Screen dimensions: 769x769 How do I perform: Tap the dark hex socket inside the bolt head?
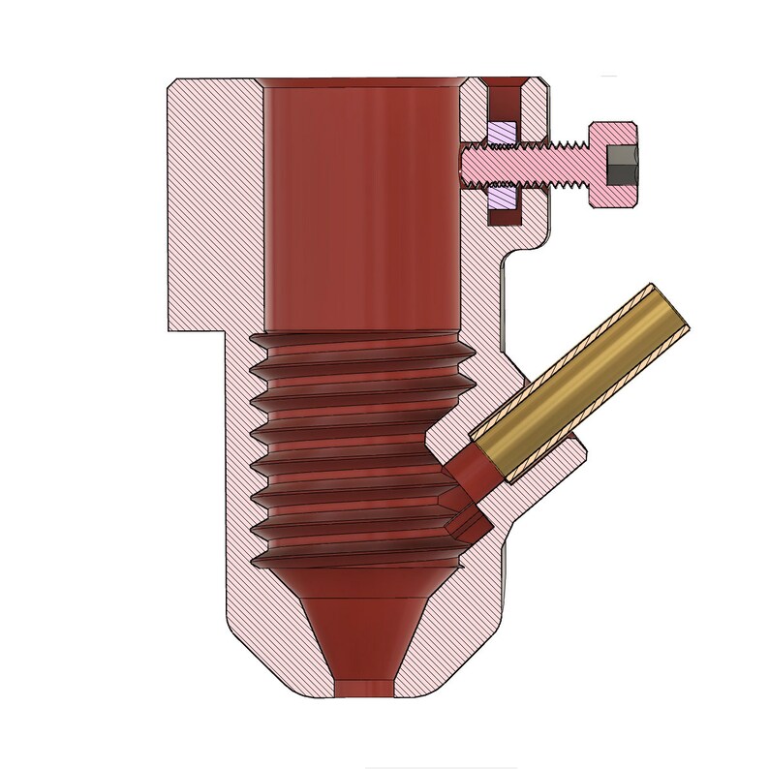[621, 166]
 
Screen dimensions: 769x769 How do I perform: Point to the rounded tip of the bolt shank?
[466, 166]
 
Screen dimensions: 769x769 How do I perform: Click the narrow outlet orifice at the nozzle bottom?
[362, 687]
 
